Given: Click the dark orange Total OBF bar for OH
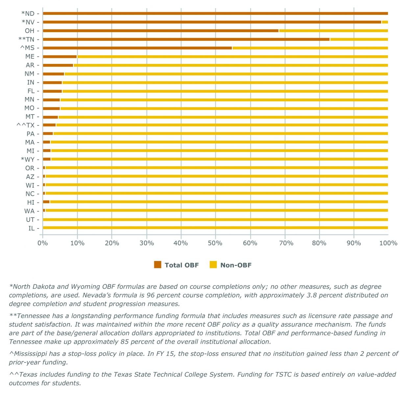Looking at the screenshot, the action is (160, 31).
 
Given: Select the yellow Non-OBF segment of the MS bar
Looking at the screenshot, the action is (310, 48).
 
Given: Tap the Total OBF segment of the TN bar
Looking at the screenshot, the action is (186, 39).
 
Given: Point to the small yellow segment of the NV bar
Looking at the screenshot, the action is (385, 22).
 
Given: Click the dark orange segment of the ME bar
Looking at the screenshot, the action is (60, 57).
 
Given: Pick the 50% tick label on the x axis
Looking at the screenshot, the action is (215, 243).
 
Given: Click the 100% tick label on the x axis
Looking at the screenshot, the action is (388, 243).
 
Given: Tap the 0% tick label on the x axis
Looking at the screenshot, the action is (43, 243).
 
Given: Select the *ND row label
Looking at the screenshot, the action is (28, 14).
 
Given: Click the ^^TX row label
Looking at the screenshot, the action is (25, 125).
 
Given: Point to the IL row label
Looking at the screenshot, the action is (32, 228).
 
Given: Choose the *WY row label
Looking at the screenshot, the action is (28, 160).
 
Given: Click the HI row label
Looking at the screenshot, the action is (31, 202).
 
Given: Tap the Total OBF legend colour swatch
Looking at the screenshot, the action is (157, 265).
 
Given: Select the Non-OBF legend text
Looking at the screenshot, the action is (236, 265).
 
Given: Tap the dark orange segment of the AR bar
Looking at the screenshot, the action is (58, 65).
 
